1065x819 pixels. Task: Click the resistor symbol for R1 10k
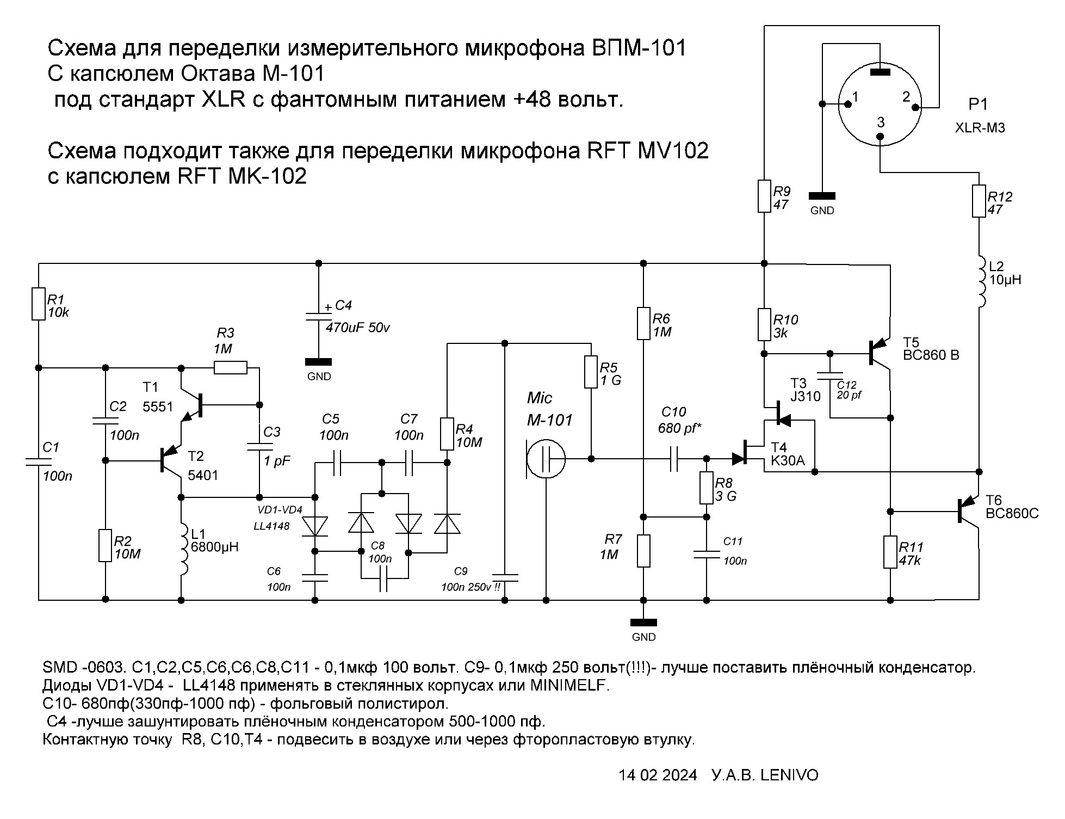click(38, 304)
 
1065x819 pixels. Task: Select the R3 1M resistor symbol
click(230, 368)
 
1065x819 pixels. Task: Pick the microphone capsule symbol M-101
click(546, 459)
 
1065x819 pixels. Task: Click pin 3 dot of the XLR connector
click(881, 137)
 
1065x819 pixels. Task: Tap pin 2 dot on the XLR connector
click(915, 107)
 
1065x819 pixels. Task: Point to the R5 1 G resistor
click(591, 372)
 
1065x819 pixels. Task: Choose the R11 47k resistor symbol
click(890, 552)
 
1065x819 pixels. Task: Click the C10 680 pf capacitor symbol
click(674, 459)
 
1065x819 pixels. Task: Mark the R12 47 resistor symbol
click(979, 201)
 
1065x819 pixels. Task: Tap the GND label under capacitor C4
click(319, 377)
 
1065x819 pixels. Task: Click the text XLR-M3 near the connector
click(980, 128)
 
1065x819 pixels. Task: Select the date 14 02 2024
click(657, 775)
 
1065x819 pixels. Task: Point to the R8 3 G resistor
click(706, 488)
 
